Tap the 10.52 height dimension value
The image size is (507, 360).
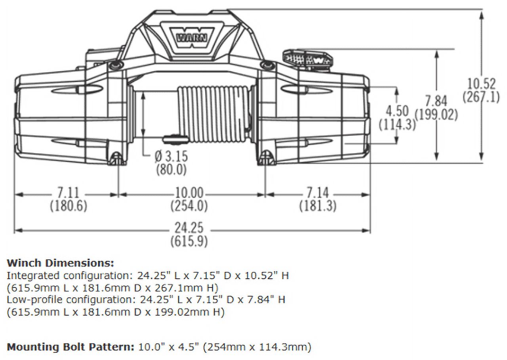(481, 84)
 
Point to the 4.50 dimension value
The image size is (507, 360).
(397, 111)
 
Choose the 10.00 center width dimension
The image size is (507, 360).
(189, 193)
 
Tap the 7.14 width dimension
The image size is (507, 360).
(317, 193)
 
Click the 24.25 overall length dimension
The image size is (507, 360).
(189, 228)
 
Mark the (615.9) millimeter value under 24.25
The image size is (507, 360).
(189, 241)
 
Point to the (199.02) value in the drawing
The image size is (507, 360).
(436, 114)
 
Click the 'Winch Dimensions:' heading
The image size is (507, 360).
(60, 263)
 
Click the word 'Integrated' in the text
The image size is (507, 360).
(32, 276)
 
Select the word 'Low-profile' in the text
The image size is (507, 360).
(32, 300)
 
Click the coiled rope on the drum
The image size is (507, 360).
(214, 114)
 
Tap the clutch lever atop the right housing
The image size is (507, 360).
(309, 58)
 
